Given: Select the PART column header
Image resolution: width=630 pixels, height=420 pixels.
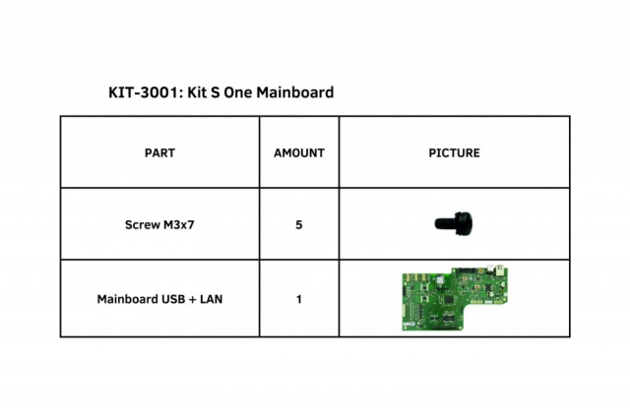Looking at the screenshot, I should click(x=159, y=153).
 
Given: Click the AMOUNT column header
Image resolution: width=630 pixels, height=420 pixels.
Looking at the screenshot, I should click(x=298, y=153).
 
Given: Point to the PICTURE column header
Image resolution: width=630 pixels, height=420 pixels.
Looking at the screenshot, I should click(x=454, y=153).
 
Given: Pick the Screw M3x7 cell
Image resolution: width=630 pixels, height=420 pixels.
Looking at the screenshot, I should click(x=159, y=224).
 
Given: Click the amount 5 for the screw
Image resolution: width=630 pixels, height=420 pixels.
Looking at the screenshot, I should click(x=298, y=224).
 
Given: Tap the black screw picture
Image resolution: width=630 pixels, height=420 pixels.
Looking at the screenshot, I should click(x=453, y=223).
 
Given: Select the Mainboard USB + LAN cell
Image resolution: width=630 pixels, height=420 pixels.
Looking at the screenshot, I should click(x=159, y=298).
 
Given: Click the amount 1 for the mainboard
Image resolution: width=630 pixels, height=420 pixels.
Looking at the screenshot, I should click(x=298, y=298).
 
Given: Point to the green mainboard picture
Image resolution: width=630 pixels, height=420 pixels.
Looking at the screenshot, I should click(x=454, y=297).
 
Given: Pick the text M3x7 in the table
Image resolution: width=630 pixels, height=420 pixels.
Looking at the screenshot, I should click(x=179, y=224).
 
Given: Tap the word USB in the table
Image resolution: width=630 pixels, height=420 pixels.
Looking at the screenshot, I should click(x=174, y=298).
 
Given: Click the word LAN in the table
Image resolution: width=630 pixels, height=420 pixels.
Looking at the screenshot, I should click(x=211, y=298).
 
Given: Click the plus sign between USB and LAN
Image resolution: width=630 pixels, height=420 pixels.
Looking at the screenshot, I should click(x=193, y=298).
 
